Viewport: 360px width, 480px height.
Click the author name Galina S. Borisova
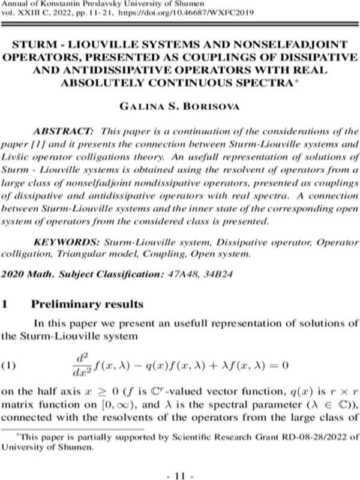click(179, 107)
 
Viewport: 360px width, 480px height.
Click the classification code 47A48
click(182, 274)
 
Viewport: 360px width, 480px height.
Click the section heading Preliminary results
click(87, 304)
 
